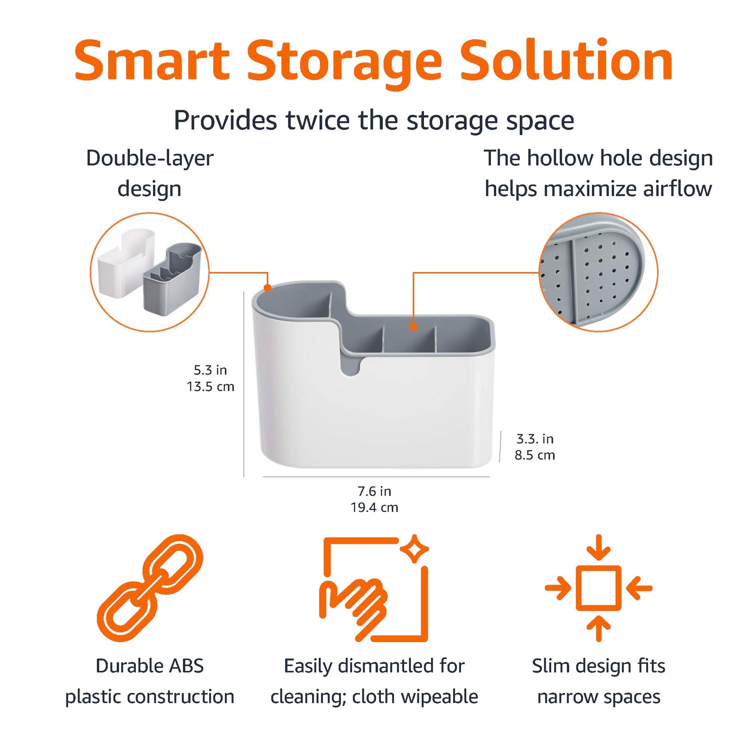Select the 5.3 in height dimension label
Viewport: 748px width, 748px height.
click(210, 370)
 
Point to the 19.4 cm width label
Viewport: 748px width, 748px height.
click(374, 507)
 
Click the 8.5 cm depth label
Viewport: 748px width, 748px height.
click(535, 455)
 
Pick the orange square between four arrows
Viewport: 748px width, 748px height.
click(598, 588)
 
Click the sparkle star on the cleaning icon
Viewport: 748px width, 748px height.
click(414, 549)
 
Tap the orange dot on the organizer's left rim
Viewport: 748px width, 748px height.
click(267, 288)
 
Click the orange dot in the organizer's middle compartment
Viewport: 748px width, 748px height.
click(414, 327)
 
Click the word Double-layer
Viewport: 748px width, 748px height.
click(150, 158)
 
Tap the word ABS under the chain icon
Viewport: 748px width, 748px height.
click(185, 666)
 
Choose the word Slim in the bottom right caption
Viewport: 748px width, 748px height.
click(550, 666)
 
